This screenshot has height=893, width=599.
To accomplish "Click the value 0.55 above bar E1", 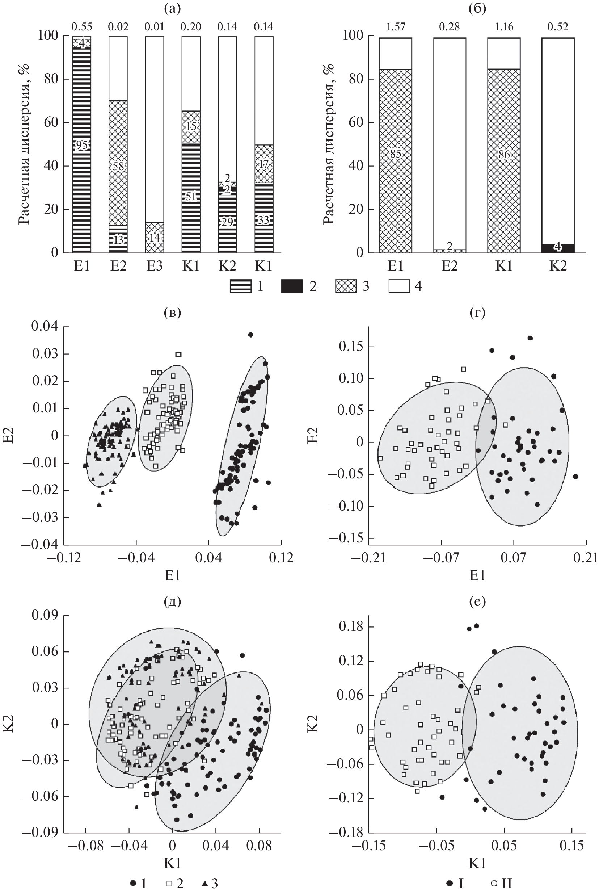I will pos(82,27).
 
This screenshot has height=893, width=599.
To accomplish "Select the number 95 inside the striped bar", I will pos(82,146).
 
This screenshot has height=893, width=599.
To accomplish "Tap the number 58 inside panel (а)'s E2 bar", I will pos(118,166).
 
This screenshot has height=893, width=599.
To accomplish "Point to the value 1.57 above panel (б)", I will pos(395,27).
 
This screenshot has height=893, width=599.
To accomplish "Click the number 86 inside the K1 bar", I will pos(504,154).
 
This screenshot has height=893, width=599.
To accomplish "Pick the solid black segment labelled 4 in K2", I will pos(558,248).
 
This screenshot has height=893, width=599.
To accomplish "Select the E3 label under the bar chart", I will pos(154,265).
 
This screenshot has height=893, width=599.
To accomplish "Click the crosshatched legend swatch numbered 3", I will pos(346,286).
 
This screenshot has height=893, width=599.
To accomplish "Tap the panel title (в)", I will pos(172,313).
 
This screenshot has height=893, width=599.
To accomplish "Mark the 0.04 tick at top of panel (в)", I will pos(45,326).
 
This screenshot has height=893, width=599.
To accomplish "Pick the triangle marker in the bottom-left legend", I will pos(205,883).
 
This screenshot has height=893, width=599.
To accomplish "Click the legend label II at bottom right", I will pos(507,883).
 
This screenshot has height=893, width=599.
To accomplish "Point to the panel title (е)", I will pos(477,602).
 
